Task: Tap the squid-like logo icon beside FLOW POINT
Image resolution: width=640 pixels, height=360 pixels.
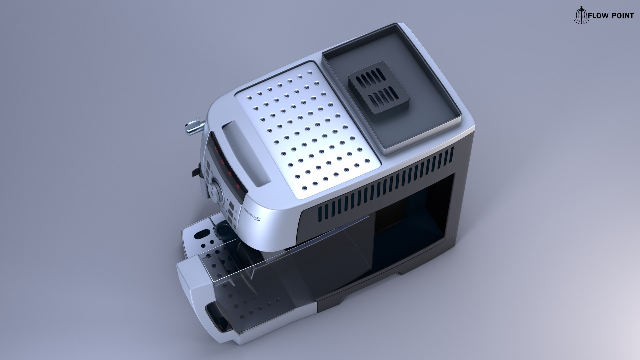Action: [x=580, y=15]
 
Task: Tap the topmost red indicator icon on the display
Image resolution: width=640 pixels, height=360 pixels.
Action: [x=216, y=150]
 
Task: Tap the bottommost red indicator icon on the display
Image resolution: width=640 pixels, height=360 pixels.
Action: [x=237, y=186]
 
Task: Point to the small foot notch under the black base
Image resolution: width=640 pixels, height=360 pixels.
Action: [x=403, y=272]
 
